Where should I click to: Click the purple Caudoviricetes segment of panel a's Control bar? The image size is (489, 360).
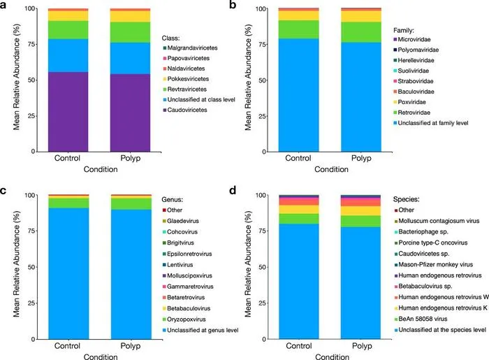click(68, 112)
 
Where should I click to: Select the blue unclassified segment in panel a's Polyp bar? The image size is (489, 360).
click(131, 58)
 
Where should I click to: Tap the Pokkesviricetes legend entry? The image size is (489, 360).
click(186, 79)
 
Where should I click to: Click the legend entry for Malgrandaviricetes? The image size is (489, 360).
click(190, 48)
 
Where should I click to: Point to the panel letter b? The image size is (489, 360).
click(233, 5)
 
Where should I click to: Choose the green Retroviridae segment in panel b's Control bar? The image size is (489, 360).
click(299, 29)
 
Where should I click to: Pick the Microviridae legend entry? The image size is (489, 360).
click(412, 40)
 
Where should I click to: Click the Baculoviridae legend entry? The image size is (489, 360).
click(414, 92)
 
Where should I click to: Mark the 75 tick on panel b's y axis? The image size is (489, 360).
click(262, 45)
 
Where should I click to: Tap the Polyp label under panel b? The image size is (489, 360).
click(361, 158)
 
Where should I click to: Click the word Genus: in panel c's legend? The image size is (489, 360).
click(172, 200)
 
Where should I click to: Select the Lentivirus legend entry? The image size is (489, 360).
click(177, 265)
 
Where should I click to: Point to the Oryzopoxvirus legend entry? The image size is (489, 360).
click(184, 319)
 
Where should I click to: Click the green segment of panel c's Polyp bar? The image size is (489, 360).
click(131, 204)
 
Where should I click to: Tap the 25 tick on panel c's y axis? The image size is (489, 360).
click(31, 303)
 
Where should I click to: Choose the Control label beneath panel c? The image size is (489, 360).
click(67, 346)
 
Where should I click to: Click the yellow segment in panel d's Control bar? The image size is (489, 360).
click(299, 209)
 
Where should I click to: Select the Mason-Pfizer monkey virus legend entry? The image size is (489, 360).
click(434, 264)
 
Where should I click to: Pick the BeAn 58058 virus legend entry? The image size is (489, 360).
click(421, 319)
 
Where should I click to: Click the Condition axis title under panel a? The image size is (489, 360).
click(101, 169)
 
